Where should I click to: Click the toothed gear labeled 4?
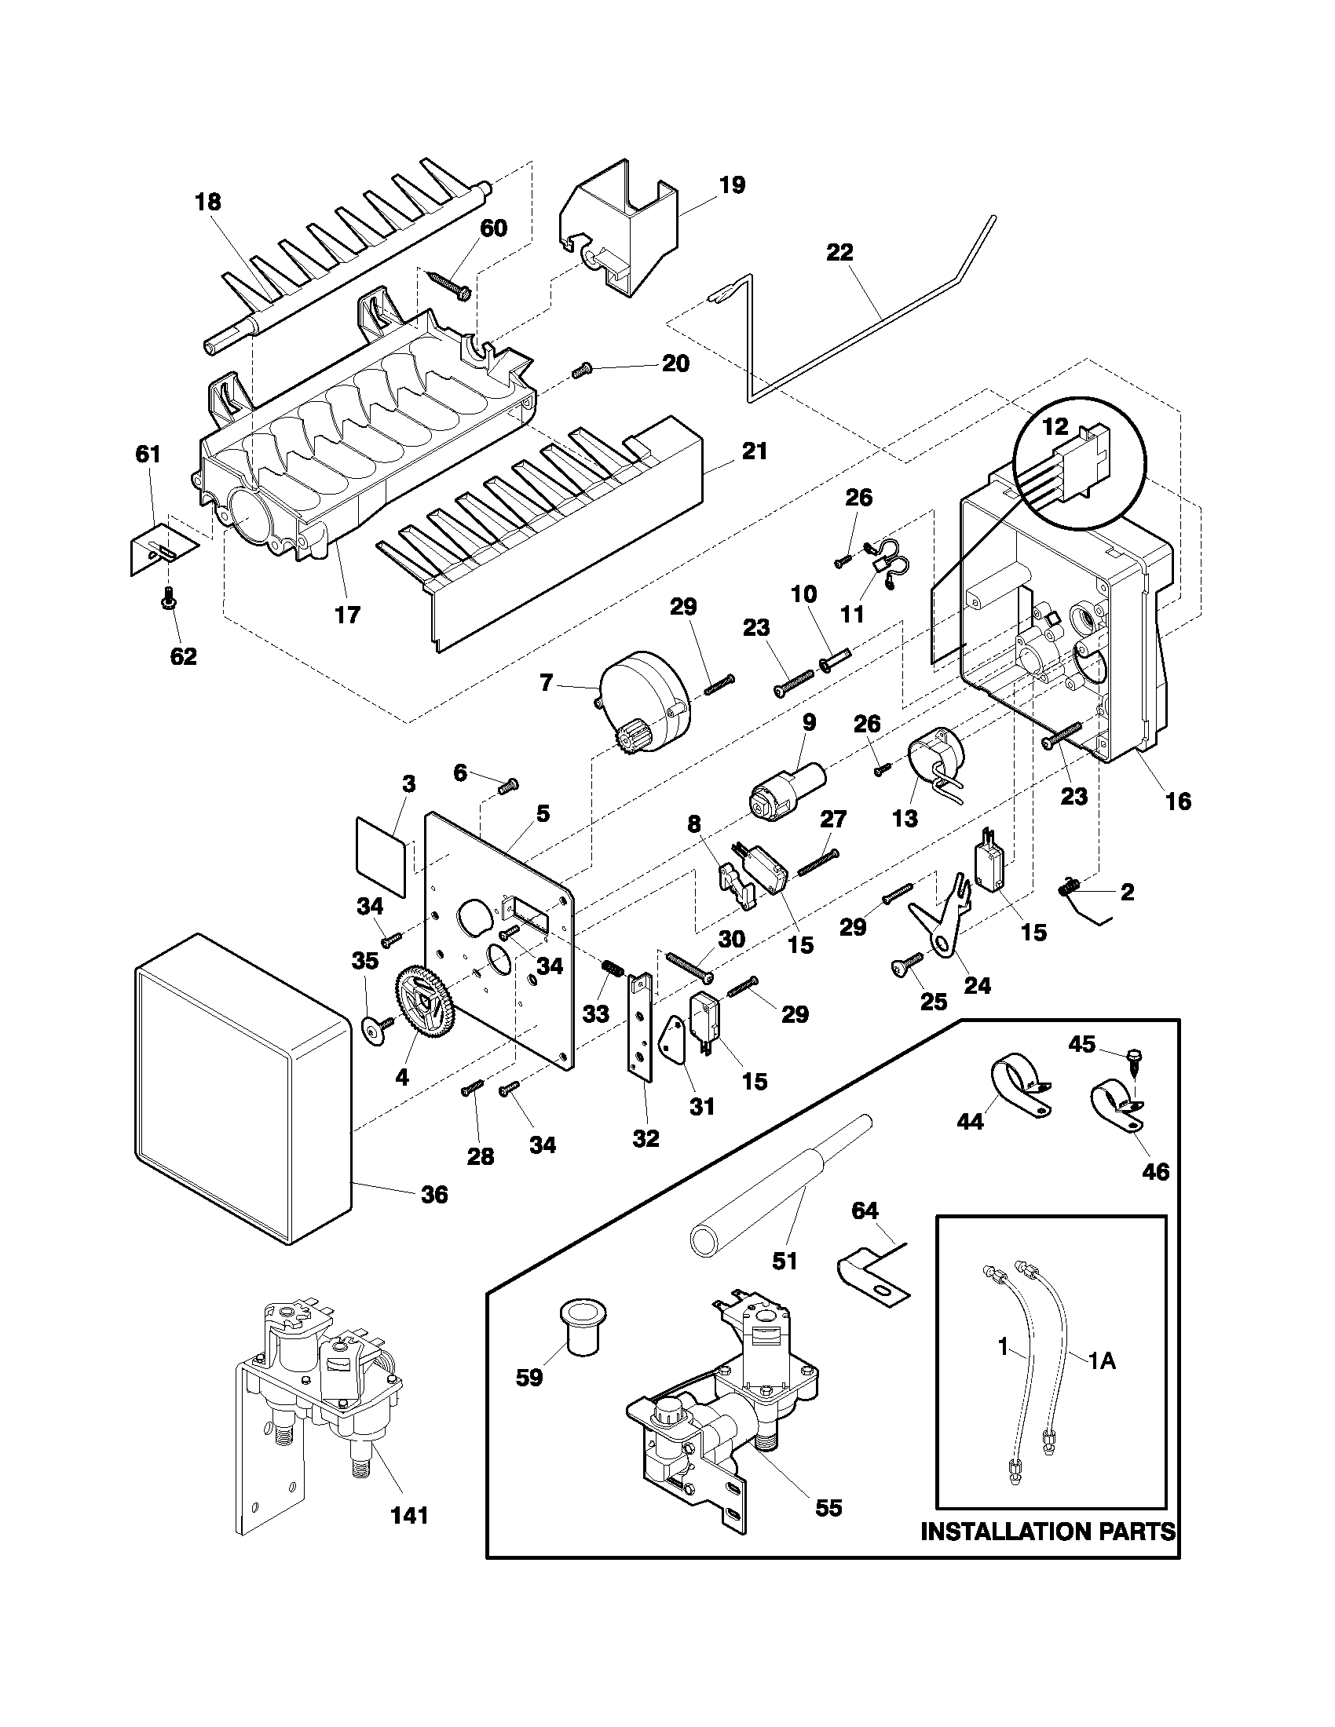(426, 1004)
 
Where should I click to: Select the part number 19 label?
(733, 185)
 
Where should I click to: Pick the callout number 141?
(410, 1515)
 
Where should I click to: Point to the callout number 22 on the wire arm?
(840, 253)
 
